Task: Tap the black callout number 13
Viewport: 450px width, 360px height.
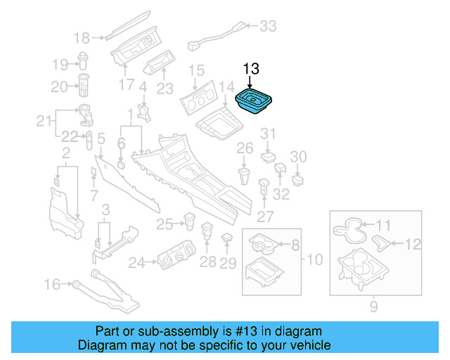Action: (251, 69)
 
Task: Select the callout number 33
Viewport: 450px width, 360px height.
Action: (269, 27)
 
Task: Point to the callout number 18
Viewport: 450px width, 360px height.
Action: (82, 38)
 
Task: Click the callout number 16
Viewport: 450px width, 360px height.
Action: (53, 285)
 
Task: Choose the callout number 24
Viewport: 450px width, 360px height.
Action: (136, 263)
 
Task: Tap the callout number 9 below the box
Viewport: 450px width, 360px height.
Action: (374, 306)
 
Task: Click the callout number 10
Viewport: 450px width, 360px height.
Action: (314, 260)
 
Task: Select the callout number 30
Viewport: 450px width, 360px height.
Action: (299, 156)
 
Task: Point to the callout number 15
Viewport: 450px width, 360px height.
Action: (196, 70)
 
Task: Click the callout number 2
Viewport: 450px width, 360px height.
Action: (66, 153)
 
